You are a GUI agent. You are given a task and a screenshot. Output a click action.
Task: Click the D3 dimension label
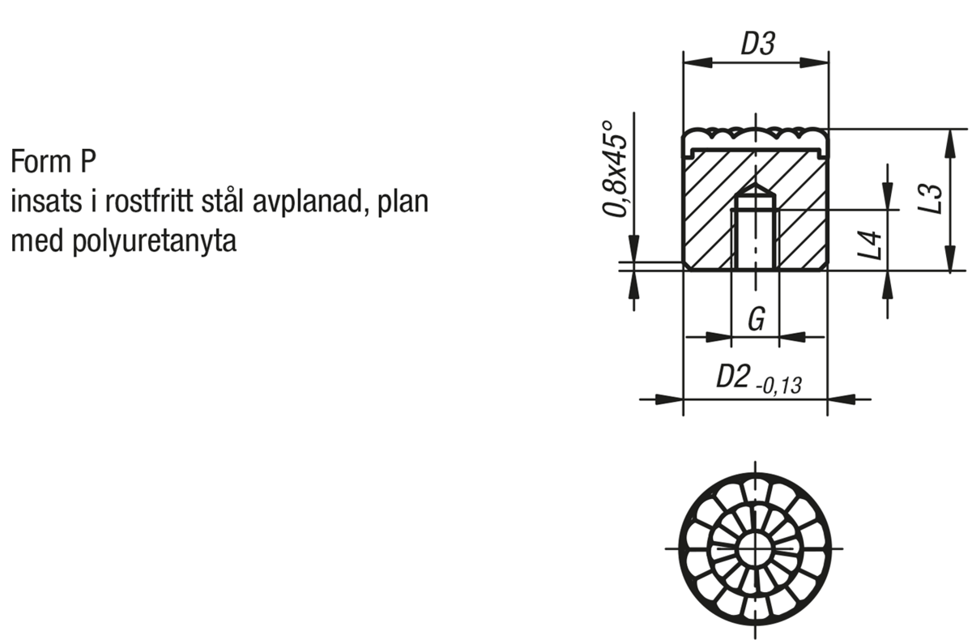pos(757,44)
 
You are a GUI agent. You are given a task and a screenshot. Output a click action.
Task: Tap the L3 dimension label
pos(931,199)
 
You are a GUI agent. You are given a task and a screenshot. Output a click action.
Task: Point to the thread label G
pos(757,319)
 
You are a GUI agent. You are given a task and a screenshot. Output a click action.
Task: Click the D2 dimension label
pos(733,376)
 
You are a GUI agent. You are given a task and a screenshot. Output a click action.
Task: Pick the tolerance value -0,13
pos(779,386)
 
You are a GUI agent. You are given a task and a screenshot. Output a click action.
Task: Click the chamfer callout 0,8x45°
pos(616,168)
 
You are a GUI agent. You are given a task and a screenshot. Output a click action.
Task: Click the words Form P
pos(53,161)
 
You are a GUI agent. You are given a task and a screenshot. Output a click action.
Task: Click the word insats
pos(46,202)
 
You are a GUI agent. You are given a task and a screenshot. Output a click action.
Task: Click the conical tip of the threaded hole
pos(756,190)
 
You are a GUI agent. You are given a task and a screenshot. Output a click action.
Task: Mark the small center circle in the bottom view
pos(756,549)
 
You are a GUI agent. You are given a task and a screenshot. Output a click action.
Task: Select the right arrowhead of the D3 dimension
pos(814,62)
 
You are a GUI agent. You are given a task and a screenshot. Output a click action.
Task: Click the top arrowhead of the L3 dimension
pos(950,143)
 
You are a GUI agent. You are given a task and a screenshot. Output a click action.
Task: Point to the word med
pos(37,241)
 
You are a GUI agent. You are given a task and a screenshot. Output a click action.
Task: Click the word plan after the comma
pos(403,203)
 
